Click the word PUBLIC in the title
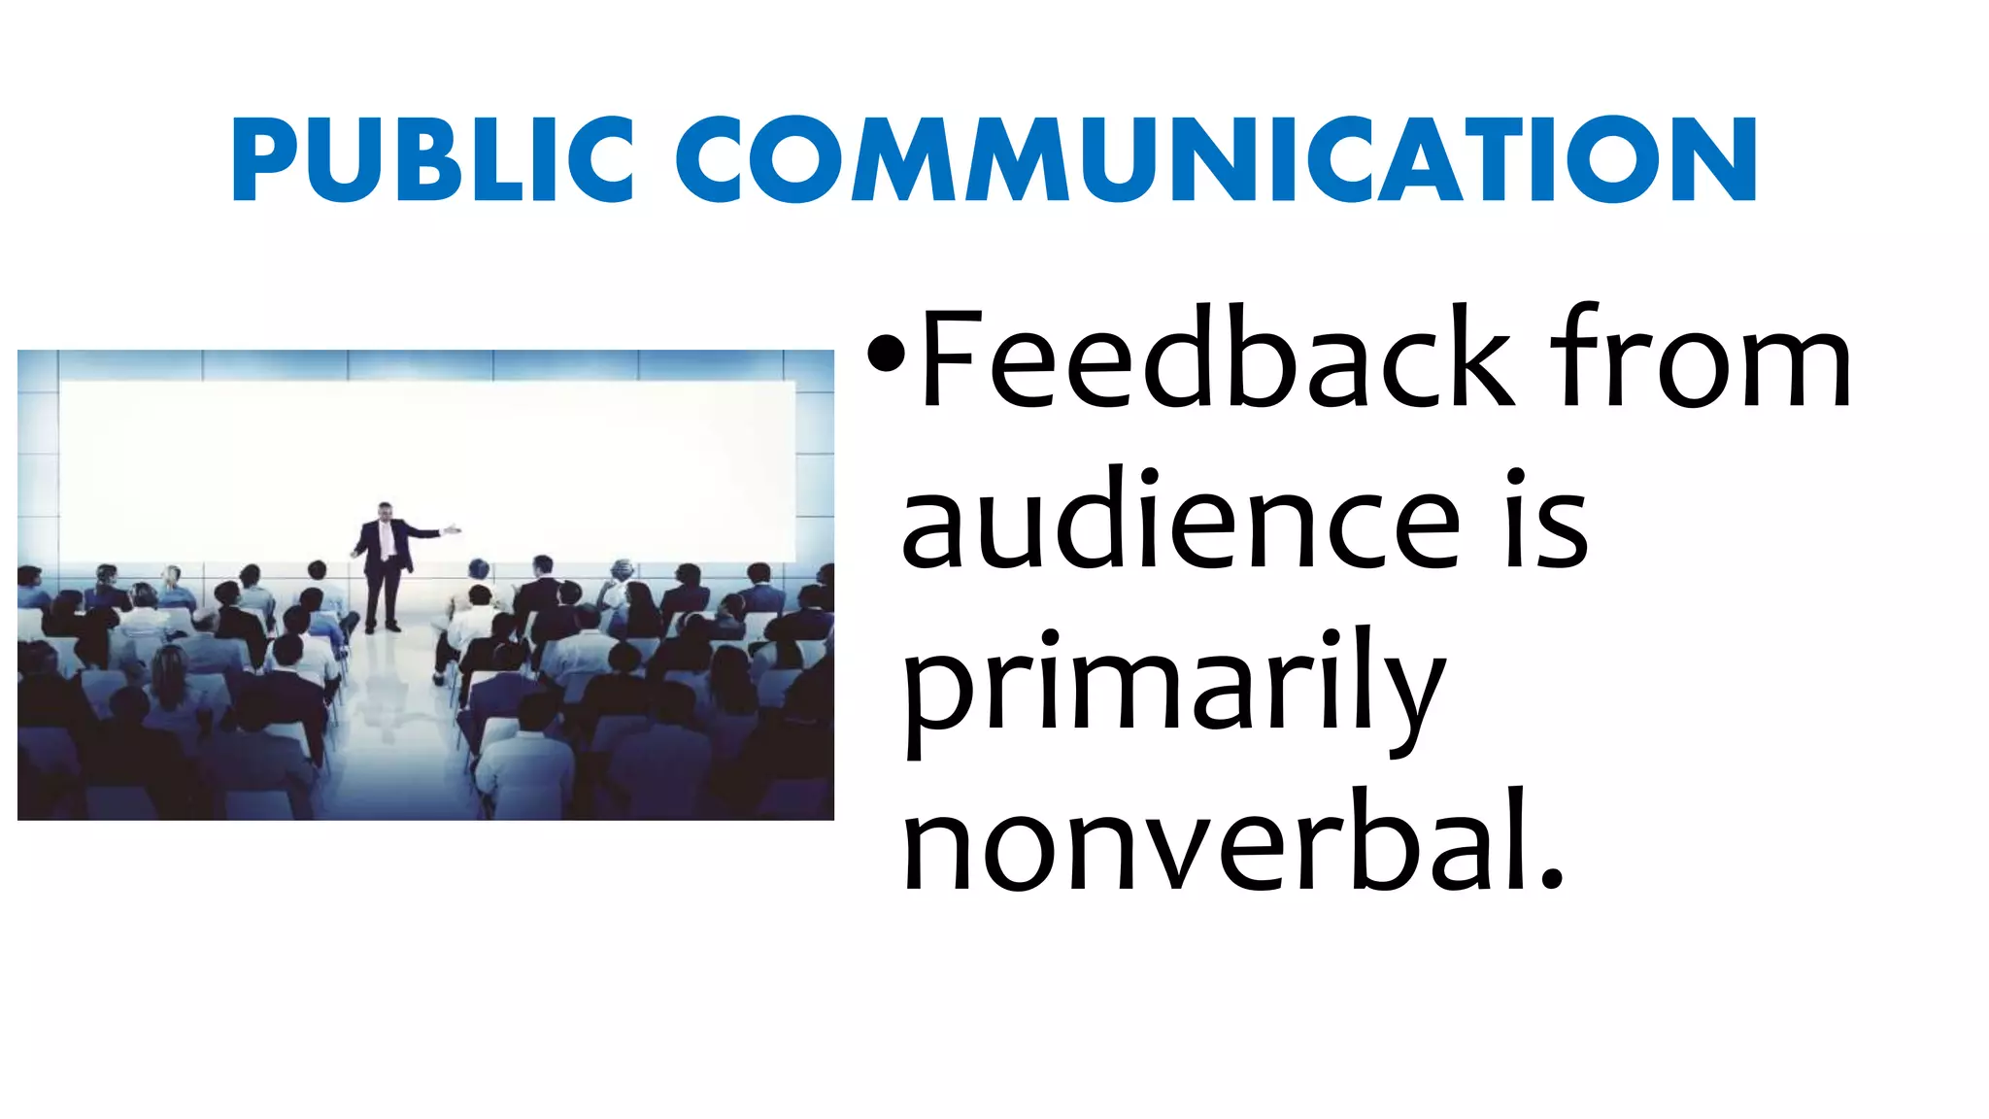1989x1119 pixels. click(x=432, y=159)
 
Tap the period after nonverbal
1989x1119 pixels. click(x=1552, y=878)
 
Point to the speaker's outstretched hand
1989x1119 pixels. click(x=453, y=530)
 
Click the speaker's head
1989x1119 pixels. click(x=386, y=511)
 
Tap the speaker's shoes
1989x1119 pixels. click(x=381, y=628)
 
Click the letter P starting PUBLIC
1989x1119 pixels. click(x=257, y=159)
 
